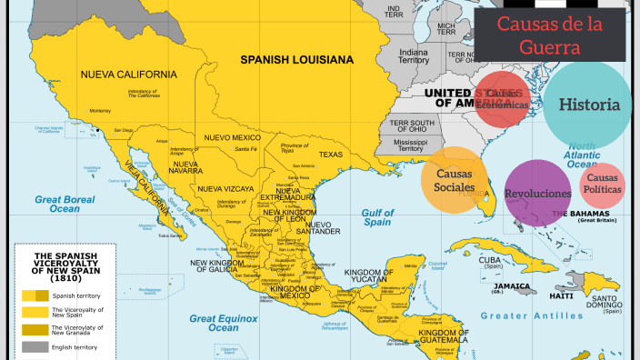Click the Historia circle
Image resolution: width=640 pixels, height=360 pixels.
pyautogui.click(x=588, y=105)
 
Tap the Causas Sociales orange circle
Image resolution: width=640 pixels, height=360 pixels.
pyautogui.click(x=455, y=180)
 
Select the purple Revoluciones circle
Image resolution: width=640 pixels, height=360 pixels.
pyautogui.click(x=537, y=194)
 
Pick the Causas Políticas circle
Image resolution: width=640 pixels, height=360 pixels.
pyautogui.click(x=603, y=185)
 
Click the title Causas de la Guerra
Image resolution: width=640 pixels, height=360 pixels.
pyautogui.click(x=549, y=35)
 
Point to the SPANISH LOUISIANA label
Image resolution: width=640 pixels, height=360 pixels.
pyautogui.click(x=296, y=60)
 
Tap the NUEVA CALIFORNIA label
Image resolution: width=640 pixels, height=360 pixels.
pyautogui.click(x=128, y=74)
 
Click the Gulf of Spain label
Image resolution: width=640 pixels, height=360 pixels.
pyautogui.click(x=377, y=216)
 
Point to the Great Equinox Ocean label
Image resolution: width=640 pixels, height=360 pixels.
pyautogui.click(x=223, y=323)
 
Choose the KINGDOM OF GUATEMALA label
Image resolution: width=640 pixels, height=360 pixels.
pyautogui.click(x=436, y=338)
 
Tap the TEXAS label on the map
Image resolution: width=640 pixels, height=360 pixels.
pyautogui.click(x=330, y=155)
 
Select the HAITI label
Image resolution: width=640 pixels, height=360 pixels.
pyautogui.click(x=561, y=295)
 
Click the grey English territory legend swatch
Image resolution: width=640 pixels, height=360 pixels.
pyautogui.click(x=35, y=346)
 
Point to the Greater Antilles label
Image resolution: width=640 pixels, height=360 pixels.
pyautogui.click(x=529, y=316)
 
